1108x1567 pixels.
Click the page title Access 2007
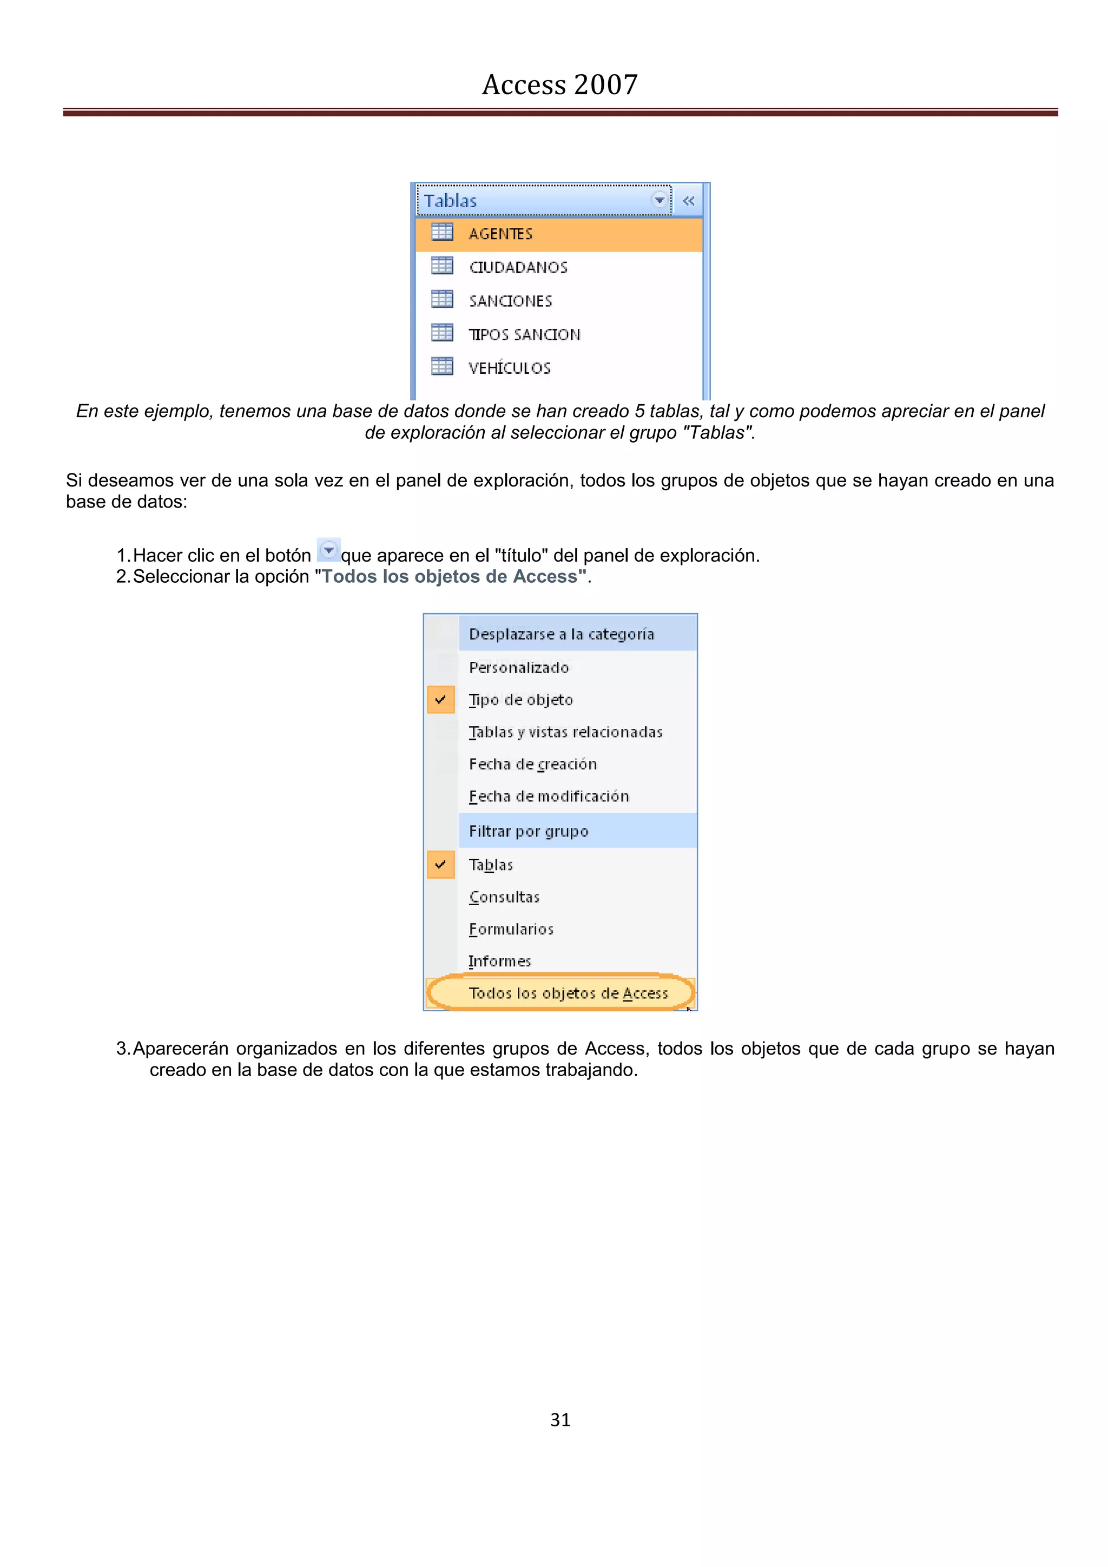559,84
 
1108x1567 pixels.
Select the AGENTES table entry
500,234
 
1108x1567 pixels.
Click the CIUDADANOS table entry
518,267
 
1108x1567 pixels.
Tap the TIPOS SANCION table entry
524,334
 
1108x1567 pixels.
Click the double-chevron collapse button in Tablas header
688,201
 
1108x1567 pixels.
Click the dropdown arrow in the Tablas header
659,200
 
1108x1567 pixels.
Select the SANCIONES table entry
510,301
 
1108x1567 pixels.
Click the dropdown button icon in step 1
329,550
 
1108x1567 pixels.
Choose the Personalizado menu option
518,668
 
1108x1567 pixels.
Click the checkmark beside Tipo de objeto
441,700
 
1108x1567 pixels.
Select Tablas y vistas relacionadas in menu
565,732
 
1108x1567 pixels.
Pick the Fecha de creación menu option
532,765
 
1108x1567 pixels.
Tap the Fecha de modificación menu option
549,796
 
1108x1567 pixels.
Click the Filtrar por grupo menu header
528,831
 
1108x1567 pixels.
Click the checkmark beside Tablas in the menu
441,865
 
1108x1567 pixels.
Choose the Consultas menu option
504,897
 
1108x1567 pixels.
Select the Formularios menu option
511,929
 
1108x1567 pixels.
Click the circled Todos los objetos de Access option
568,993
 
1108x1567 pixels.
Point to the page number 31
560,1420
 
